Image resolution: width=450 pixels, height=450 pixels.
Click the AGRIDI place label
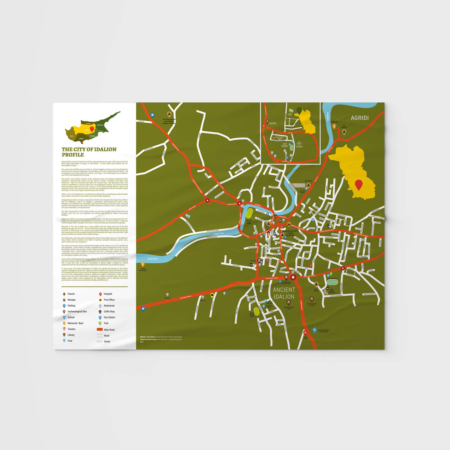point(359,118)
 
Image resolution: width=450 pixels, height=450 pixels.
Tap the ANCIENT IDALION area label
point(284,293)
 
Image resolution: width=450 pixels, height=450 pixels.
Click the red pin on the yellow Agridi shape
point(359,185)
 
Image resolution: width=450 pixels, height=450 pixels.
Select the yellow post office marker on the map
point(212,295)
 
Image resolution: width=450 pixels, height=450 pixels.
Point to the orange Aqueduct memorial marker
point(143,264)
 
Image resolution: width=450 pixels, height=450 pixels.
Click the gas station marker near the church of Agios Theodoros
point(152,115)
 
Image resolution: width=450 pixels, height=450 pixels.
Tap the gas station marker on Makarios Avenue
point(143,309)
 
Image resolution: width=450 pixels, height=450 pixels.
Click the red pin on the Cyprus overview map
point(92,129)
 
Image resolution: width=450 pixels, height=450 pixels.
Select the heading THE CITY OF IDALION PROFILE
point(89,152)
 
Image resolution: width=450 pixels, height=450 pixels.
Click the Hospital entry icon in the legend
point(100,294)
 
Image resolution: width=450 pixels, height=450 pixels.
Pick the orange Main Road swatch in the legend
point(100,329)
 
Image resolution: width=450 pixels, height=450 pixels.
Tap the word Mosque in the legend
point(71,300)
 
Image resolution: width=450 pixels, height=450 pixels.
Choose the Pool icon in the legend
point(64,341)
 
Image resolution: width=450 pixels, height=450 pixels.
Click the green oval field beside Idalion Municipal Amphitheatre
point(332,282)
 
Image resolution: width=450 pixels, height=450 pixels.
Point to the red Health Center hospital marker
point(305,332)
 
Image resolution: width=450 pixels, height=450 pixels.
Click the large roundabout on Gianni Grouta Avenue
point(293,277)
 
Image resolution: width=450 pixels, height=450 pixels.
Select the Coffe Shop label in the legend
point(109,312)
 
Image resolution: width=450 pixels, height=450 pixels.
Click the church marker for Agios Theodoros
point(169,114)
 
